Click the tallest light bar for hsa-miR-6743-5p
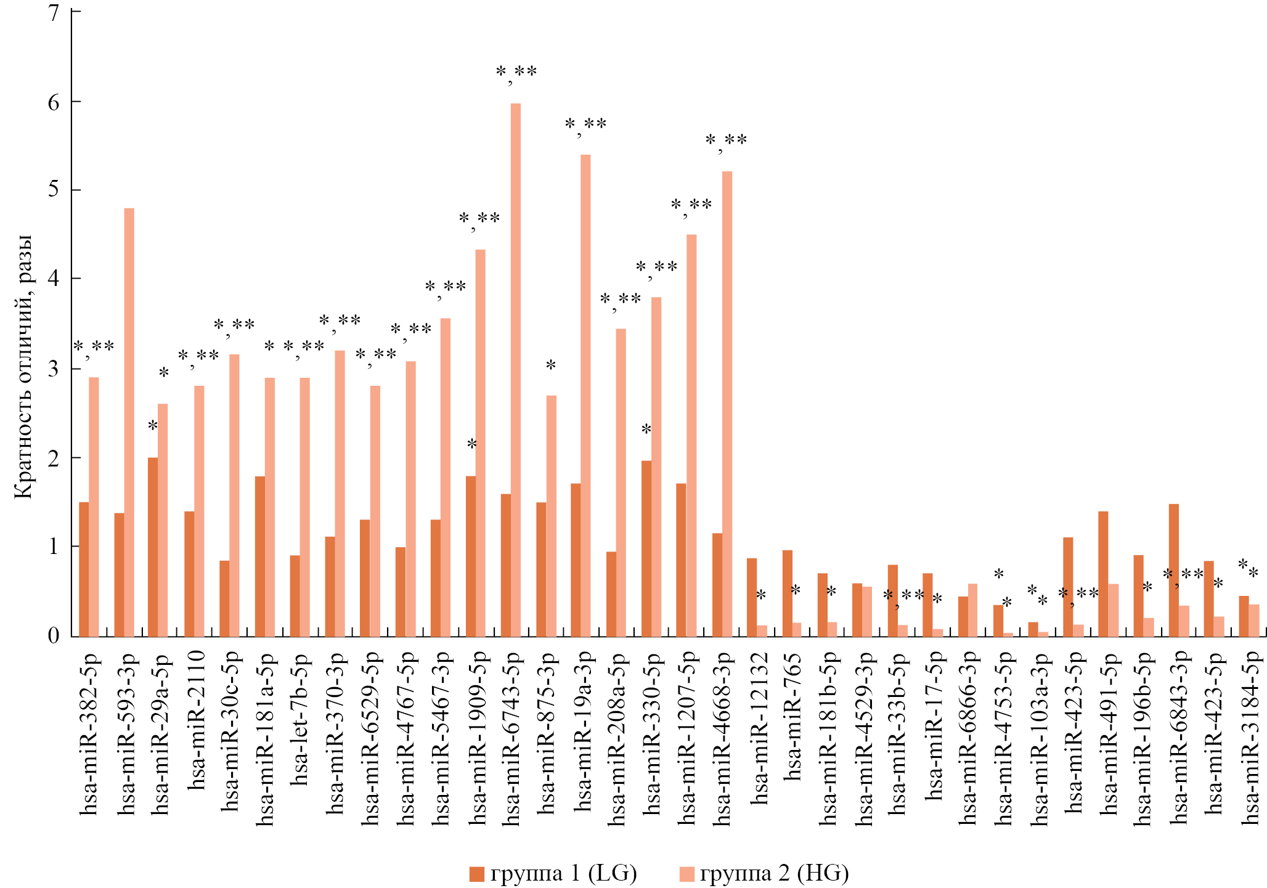coord(516,370)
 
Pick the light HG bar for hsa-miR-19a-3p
coord(585,395)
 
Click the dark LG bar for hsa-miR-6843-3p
coord(1174,570)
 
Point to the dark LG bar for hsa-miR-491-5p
coord(1103,574)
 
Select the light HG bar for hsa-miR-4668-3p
coord(727,404)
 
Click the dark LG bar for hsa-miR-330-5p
coord(646,548)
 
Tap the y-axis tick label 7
coord(54,12)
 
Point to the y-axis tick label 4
coord(54,279)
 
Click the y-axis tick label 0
coord(54,635)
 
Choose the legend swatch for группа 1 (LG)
coord(476,874)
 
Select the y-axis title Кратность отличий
coord(23,367)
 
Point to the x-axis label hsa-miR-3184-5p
coord(1250,736)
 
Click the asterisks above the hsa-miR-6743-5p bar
coord(516,73)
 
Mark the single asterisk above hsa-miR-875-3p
coord(551,365)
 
